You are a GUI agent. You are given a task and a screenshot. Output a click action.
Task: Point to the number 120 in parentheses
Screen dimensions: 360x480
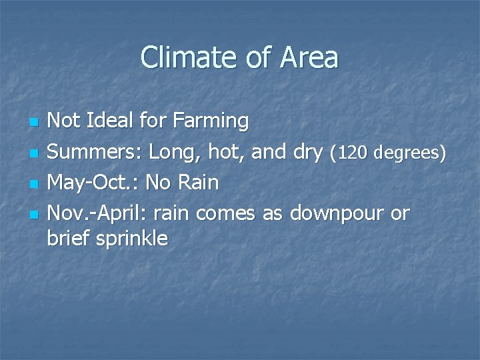[351, 153]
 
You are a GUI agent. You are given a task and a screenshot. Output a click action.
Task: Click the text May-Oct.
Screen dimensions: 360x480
[93, 183]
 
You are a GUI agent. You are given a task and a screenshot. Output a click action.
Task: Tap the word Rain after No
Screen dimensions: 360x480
[198, 183]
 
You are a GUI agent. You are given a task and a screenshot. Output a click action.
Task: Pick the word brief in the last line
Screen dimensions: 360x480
[66, 238]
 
